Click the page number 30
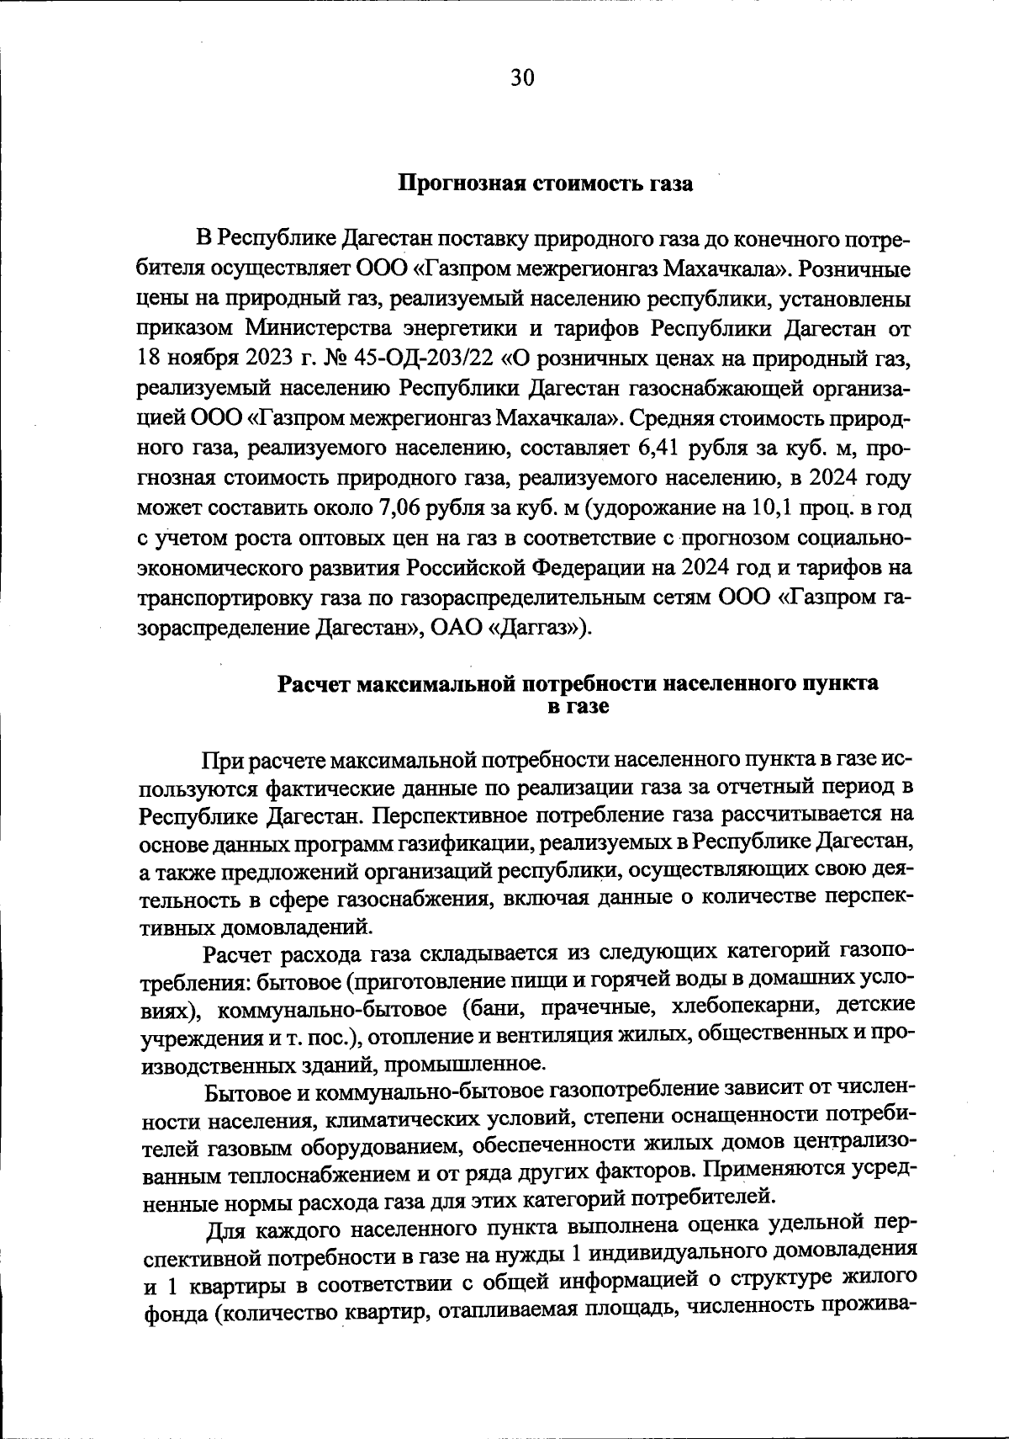pyautogui.click(x=521, y=78)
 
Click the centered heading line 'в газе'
pyautogui.click(x=578, y=707)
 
